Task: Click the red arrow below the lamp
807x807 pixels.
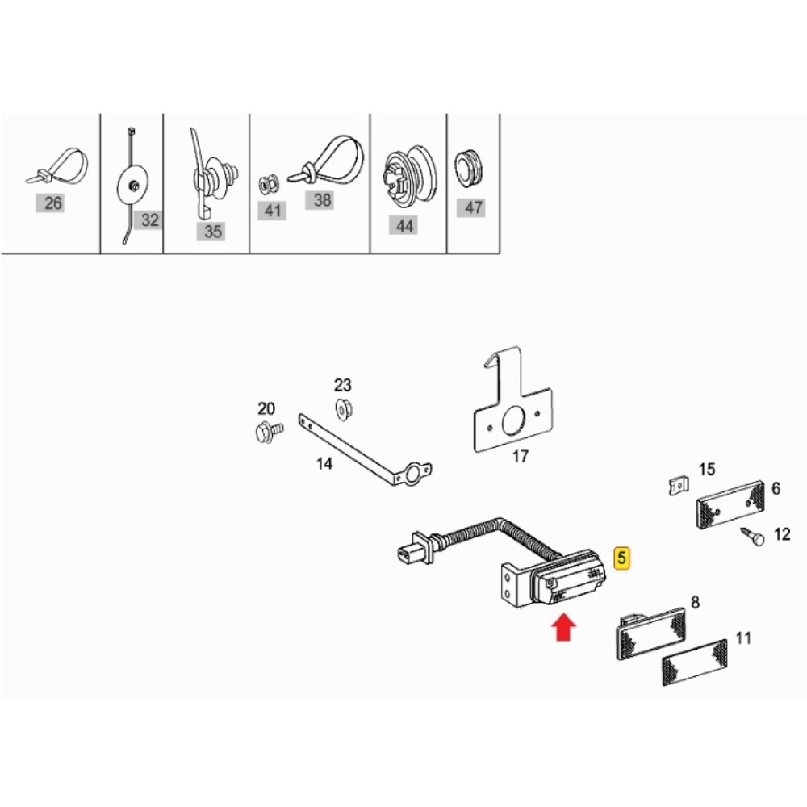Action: pyautogui.click(x=563, y=628)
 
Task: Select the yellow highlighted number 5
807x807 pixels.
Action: pyautogui.click(x=622, y=558)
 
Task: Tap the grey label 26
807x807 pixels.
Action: pyautogui.click(x=53, y=203)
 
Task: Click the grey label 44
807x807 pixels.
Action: pyautogui.click(x=404, y=225)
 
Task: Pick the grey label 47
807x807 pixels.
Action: pyautogui.click(x=471, y=207)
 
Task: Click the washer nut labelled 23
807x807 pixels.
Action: pyautogui.click(x=343, y=409)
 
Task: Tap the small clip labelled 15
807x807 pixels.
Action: pyautogui.click(x=679, y=486)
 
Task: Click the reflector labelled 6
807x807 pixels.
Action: pyautogui.click(x=730, y=504)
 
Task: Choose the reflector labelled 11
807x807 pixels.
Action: pyautogui.click(x=694, y=663)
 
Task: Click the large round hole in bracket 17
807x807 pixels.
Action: pyautogui.click(x=512, y=420)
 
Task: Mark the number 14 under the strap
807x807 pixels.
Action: pyautogui.click(x=324, y=464)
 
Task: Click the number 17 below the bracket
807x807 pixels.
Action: pyautogui.click(x=521, y=456)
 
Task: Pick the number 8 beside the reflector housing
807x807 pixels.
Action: pyautogui.click(x=696, y=602)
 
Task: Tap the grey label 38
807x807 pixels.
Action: pyautogui.click(x=322, y=199)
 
